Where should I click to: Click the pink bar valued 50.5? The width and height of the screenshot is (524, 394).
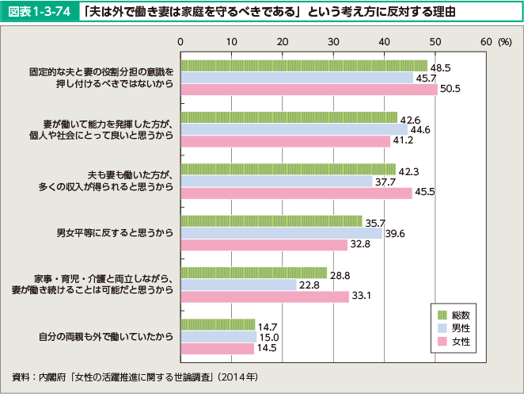(x=309, y=90)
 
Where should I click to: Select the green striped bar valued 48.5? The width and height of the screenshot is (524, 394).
(x=304, y=66)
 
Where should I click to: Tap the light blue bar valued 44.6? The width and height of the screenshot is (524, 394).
(x=294, y=129)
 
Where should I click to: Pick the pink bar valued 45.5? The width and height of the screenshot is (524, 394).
(x=296, y=193)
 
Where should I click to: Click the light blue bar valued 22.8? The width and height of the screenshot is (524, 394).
(x=238, y=284)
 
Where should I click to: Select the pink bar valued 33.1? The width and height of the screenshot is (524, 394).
(x=264, y=296)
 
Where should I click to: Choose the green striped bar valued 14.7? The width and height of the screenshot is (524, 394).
(x=218, y=323)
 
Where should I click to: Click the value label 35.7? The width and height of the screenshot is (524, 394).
(x=375, y=221)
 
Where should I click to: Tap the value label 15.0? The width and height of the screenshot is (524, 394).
(x=269, y=336)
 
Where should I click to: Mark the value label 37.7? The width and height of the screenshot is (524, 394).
(x=385, y=181)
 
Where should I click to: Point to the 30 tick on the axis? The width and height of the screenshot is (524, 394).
(x=333, y=40)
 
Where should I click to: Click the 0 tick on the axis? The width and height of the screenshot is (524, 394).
(x=181, y=40)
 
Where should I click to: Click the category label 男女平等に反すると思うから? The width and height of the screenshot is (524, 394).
(x=115, y=233)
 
